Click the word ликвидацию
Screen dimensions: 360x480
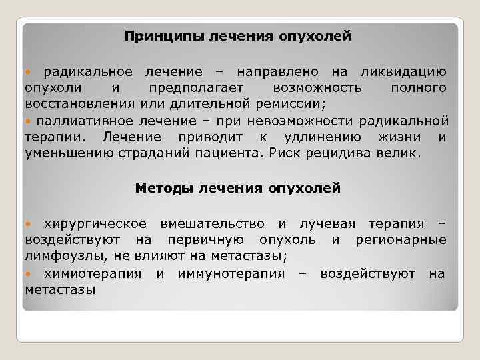coord(409,71)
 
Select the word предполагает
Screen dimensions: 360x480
coord(196,88)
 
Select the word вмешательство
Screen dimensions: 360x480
coord(212,223)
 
